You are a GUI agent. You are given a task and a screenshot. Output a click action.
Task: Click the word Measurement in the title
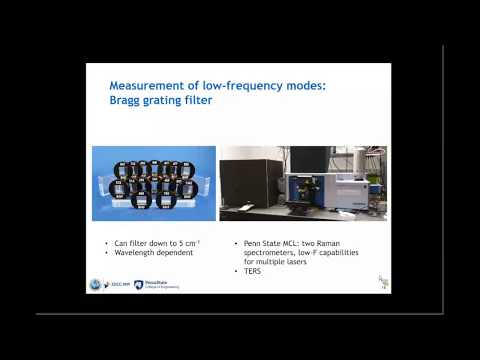click(x=132, y=87)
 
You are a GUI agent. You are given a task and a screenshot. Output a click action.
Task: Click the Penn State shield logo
click(x=138, y=285)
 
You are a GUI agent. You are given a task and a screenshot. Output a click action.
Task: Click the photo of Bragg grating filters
click(x=153, y=184)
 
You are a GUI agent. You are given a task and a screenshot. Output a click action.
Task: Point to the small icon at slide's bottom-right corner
click(x=383, y=283)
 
